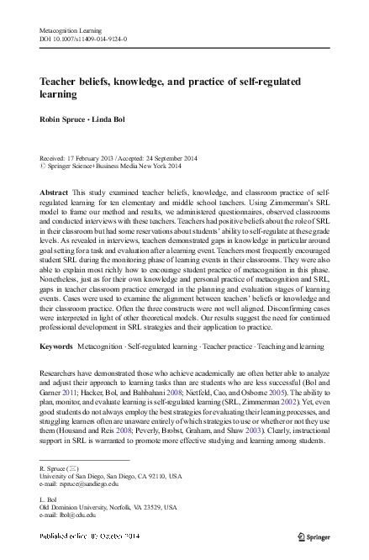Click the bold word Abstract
(55, 193)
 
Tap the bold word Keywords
(57, 370)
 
